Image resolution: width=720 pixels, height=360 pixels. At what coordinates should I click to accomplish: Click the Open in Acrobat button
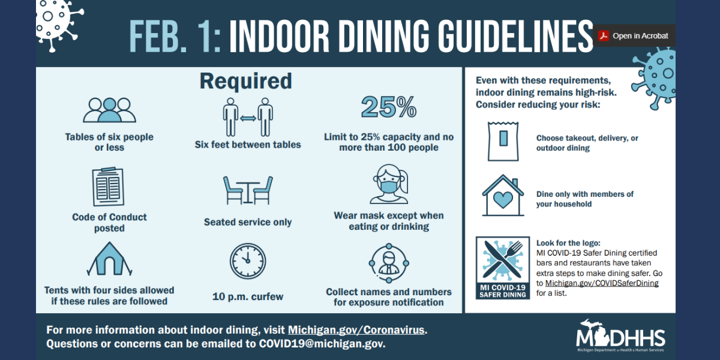pyautogui.click(x=634, y=35)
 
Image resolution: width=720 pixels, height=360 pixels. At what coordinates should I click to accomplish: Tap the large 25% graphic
pyautogui.click(x=389, y=107)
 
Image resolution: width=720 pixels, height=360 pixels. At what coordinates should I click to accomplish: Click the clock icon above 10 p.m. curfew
pyautogui.click(x=248, y=261)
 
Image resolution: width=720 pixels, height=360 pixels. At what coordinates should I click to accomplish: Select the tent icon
pyautogui.click(x=109, y=259)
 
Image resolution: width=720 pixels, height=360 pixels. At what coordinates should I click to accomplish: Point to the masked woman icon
pyautogui.click(x=389, y=184)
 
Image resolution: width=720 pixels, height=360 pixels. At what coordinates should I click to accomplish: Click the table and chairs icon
pyautogui.click(x=248, y=190)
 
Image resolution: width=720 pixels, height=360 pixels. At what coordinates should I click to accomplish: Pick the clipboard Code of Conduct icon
pyautogui.click(x=109, y=187)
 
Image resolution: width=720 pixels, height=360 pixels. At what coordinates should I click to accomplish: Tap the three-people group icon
pyautogui.click(x=109, y=110)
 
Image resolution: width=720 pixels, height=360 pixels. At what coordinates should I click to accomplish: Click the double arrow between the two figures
pyautogui.click(x=248, y=118)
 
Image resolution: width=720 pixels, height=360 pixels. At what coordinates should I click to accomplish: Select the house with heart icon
pyautogui.click(x=503, y=196)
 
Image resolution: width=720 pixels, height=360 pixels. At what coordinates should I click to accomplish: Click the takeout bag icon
pyautogui.click(x=503, y=141)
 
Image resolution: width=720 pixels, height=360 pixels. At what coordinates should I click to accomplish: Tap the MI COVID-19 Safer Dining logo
pyautogui.click(x=503, y=268)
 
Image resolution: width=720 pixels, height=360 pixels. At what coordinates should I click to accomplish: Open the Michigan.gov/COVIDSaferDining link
pyautogui.click(x=602, y=283)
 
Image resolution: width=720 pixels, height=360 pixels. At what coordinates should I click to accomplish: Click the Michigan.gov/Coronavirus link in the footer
pyautogui.click(x=356, y=330)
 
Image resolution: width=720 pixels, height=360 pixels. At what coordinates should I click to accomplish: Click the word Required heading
pyautogui.click(x=246, y=81)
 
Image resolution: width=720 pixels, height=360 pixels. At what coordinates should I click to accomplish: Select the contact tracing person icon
pyautogui.click(x=389, y=263)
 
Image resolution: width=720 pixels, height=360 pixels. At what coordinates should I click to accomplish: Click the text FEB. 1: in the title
pyautogui.click(x=175, y=36)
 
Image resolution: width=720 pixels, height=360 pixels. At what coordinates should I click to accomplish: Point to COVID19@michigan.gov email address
pyautogui.click(x=322, y=344)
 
